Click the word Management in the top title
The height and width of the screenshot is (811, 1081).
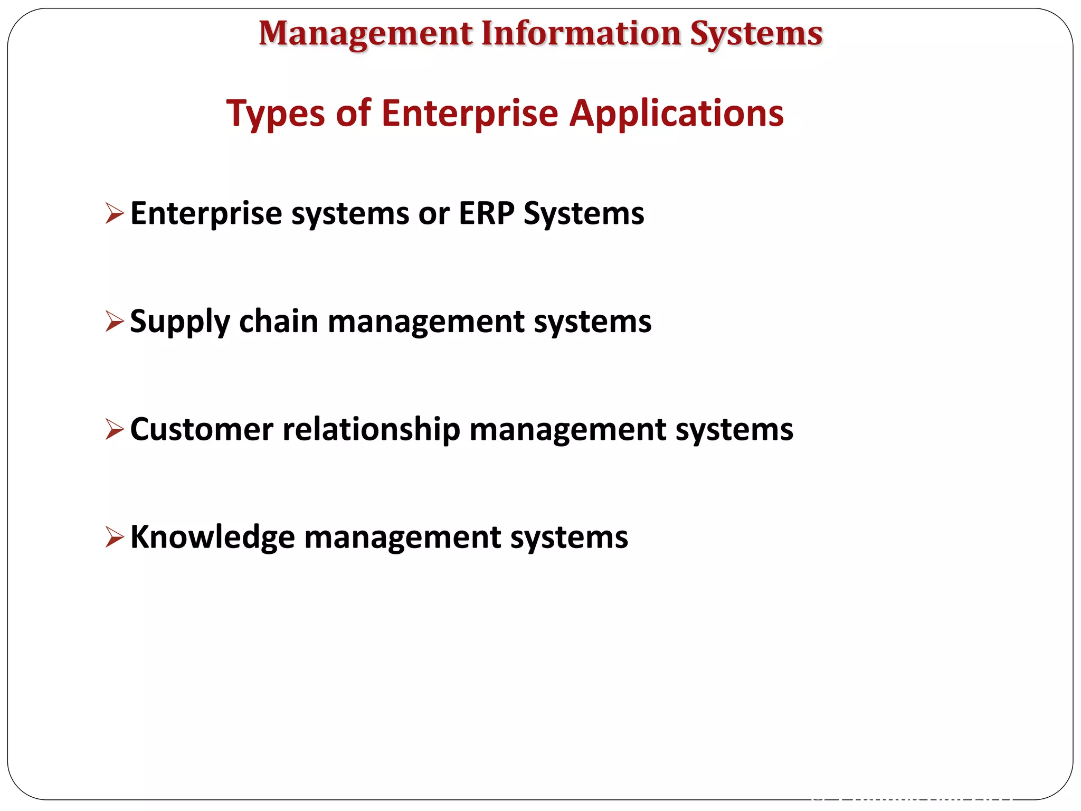pos(365,34)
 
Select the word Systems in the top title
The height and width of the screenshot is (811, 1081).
pos(756,34)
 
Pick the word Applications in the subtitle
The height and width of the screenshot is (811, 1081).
pos(677,114)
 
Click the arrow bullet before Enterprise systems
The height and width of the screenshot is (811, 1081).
pos(115,213)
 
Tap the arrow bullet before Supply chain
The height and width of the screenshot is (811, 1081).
pos(115,321)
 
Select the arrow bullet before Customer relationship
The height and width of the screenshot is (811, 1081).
pos(115,429)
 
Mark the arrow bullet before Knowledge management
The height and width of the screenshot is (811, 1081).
pos(115,536)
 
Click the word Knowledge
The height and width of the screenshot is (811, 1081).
pos(212,537)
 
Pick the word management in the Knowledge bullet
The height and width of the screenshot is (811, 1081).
pos(403,537)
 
